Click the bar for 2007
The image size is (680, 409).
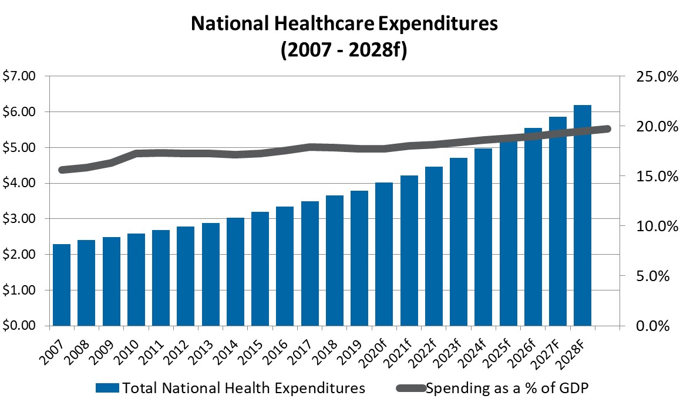click(x=62, y=285)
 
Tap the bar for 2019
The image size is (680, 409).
click(x=359, y=258)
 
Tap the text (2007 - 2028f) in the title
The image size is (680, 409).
click(x=344, y=49)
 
